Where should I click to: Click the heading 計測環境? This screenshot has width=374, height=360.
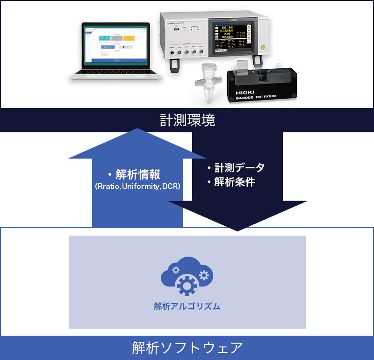click(187, 121)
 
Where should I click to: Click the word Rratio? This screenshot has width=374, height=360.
click(108, 186)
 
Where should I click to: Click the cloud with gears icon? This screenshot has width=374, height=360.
click(186, 277)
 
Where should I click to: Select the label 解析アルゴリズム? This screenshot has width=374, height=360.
click(187, 307)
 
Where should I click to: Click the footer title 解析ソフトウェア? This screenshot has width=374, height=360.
click(187, 347)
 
